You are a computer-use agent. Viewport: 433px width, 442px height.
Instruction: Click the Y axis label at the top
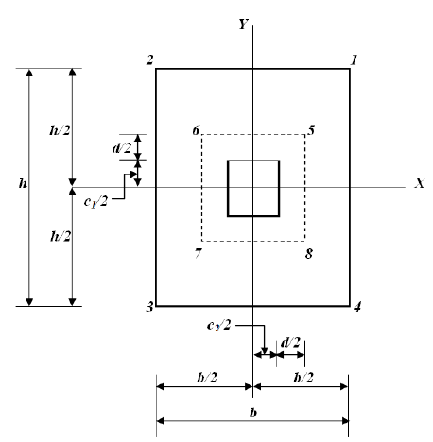[243, 25]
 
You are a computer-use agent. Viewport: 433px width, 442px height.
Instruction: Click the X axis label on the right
[417, 183]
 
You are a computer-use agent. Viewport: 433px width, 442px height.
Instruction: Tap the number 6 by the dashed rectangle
[195, 128]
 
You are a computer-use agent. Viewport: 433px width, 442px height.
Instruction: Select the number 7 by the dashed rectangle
[197, 253]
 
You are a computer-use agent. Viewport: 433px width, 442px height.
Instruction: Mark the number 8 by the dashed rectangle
[308, 254]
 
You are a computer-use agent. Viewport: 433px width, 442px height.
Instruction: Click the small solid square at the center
[253, 188]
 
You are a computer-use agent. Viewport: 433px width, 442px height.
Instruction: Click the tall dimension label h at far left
[21, 187]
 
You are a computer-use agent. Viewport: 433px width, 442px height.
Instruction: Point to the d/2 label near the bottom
[291, 339]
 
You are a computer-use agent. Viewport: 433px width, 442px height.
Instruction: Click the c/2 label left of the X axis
[92, 199]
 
